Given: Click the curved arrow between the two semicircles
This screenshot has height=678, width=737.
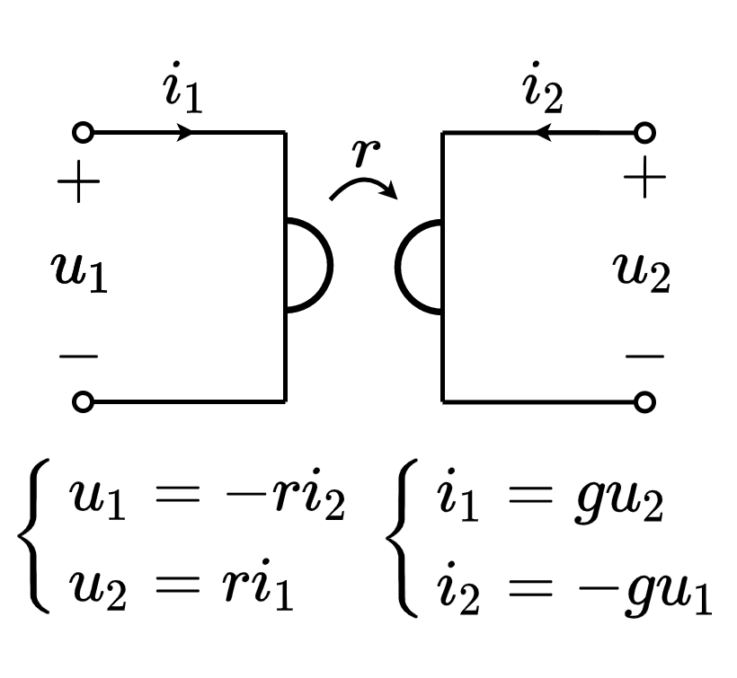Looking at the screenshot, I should pos(363,184).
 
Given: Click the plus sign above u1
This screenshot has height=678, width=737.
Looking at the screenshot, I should pos(79,186).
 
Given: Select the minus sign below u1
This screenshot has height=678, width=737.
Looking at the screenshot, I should pos(79,357).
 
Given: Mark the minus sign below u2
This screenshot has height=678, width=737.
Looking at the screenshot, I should pos(644,357).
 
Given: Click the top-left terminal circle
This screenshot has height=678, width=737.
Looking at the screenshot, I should pos(83,134).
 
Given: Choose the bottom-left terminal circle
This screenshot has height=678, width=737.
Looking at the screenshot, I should pos(83,402).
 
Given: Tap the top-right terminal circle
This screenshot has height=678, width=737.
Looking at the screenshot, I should pos(644,134).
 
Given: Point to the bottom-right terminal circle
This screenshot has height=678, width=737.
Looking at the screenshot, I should pos(644,402).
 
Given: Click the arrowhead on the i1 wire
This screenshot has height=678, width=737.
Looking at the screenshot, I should pos(186,134).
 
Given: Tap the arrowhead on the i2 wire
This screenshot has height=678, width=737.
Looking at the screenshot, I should pos(542,134).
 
